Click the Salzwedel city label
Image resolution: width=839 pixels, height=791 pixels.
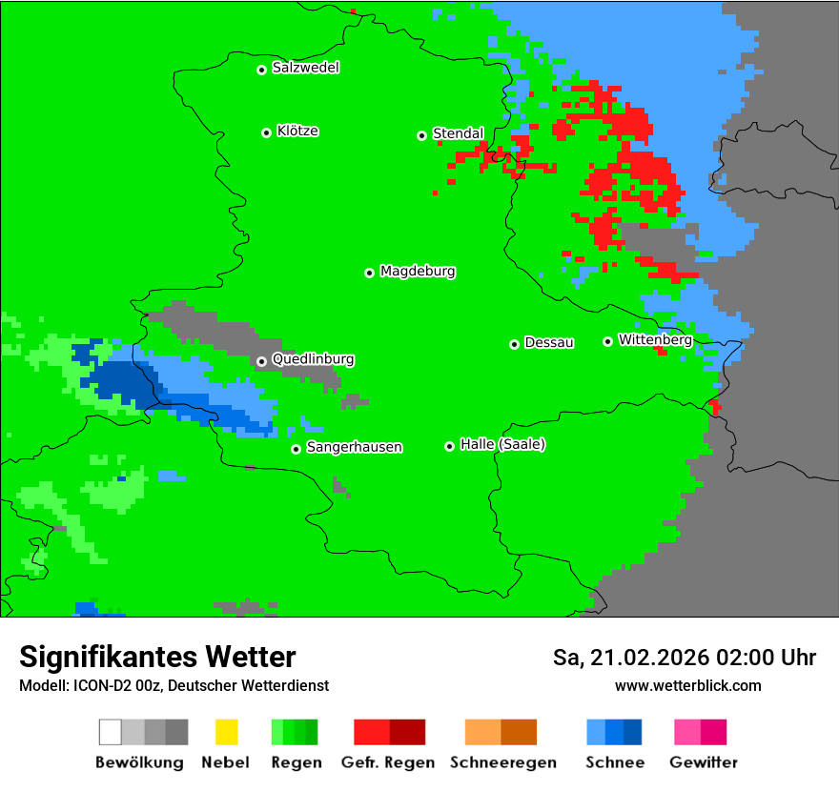pyautogui.click(x=305, y=68)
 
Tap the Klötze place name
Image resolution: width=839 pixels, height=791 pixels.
pyautogui.click(x=297, y=132)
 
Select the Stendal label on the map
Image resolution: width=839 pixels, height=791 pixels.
pyautogui.click(x=458, y=133)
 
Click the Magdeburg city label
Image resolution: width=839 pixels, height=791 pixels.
pyautogui.click(x=418, y=272)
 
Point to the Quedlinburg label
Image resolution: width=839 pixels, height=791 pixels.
pyautogui.click(x=313, y=359)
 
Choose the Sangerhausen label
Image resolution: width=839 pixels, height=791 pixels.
pyautogui.click(x=354, y=447)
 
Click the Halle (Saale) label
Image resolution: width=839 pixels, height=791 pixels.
pyautogui.click(x=502, y=444)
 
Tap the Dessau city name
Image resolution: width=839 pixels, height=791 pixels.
pyautogui.click(x=549, y=343)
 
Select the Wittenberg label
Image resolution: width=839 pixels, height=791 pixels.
pyautogui.click(x=655, y=339)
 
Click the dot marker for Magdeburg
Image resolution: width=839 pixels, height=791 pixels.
pyautogui.click(x=369, y=273)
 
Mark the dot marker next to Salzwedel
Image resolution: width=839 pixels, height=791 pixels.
pyautogui.click(x=261, y=70)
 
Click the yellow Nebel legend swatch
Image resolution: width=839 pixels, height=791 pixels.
pyautogui.click(x=226, y=732)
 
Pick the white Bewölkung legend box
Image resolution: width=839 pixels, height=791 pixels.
pyautogui.click(x=110, y=732)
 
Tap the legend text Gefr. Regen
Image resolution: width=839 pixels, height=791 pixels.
pyautogui.click(x=389, y=762)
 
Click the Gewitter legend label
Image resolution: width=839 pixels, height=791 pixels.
pyautogui.click(x=704, y=762)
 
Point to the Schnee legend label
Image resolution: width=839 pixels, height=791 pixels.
pyautogui.click(x=614, y=762)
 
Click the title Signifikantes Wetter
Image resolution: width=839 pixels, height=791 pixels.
pyautogui.click(x=157, y=657)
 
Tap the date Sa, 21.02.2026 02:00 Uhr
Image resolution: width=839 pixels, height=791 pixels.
pyautogui.click(x=684, y=658)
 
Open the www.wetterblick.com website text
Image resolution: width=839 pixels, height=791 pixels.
pyautogui.click(x=687, y=685)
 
